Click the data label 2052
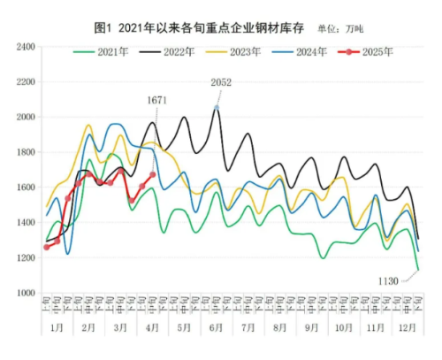(221, 82)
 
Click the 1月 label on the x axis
(57, 326)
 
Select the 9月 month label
(312, 326)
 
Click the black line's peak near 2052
(217, 108)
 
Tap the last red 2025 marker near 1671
(153, 174)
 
